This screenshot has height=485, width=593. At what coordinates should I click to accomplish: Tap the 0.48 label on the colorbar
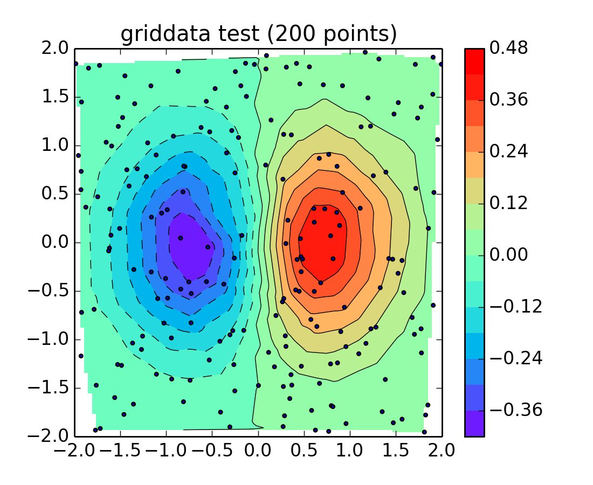coord(508,48)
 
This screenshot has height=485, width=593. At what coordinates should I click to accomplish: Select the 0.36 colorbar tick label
coord(508,100)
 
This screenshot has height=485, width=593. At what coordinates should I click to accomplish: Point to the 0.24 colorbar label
coord(508,151)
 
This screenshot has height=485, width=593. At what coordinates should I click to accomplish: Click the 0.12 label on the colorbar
coord(508,203)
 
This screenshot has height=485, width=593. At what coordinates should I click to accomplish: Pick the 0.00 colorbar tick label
coord(508,255)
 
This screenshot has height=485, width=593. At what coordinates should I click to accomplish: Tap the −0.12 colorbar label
coord(515,307)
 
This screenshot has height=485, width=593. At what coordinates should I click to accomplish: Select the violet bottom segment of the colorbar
coord(474,424)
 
